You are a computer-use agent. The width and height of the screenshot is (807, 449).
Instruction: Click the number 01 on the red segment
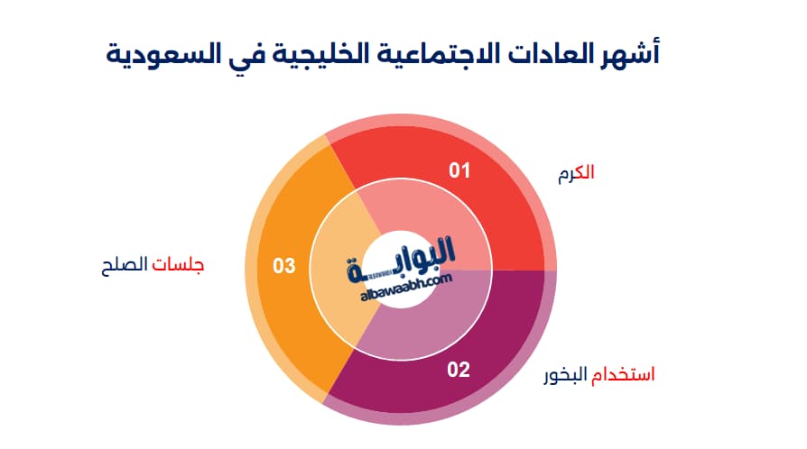pos(459,170)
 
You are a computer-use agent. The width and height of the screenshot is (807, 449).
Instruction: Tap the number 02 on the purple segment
pos(459,370)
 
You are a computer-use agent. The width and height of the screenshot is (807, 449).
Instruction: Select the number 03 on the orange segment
pos(284,265)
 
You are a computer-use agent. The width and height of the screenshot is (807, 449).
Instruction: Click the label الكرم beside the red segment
pos(576,173)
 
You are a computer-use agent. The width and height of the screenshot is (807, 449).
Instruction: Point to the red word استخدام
pos(623,374)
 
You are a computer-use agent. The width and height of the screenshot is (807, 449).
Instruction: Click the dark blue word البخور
pos(565,375)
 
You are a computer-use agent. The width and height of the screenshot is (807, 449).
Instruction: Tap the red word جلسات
pos(178,265)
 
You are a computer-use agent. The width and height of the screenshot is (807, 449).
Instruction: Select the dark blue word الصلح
pos(125,265)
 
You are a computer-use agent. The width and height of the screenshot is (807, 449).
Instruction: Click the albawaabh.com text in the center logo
pos(406,288)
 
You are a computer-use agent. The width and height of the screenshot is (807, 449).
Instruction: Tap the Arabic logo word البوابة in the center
pos(401,258)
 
